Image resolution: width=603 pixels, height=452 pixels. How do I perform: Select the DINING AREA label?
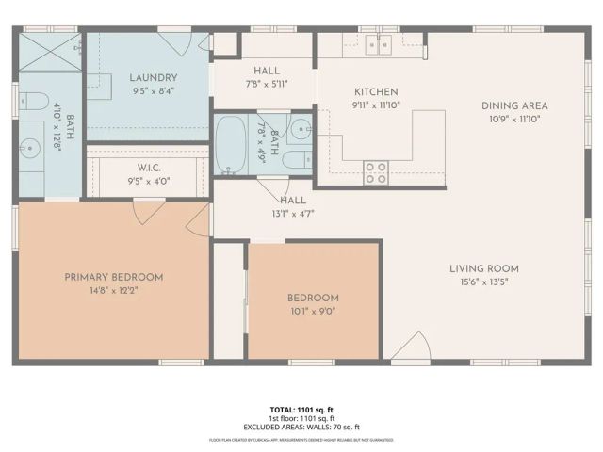tap(514, 105)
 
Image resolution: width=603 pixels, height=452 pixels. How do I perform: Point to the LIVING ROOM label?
tap(483, 268)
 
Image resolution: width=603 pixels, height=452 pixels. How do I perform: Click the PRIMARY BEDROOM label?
tap(113, 277)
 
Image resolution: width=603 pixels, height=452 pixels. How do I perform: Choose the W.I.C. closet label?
tap(148, 167)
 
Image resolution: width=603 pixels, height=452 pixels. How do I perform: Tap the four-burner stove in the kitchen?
tap(377, 171)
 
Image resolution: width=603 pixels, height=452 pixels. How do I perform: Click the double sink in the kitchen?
tap(380, 43)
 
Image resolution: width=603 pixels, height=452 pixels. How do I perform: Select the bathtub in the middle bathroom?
tap(229, 145)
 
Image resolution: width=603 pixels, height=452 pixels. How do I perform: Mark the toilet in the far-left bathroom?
tap(31, 101)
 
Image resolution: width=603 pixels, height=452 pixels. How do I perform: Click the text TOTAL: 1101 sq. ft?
tap(301, 410)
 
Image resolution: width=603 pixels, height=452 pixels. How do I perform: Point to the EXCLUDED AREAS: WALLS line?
tap(301, 427)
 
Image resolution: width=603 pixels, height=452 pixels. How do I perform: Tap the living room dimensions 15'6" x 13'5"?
tap(483, 282)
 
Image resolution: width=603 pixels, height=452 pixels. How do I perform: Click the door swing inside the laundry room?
tap(175, 44)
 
